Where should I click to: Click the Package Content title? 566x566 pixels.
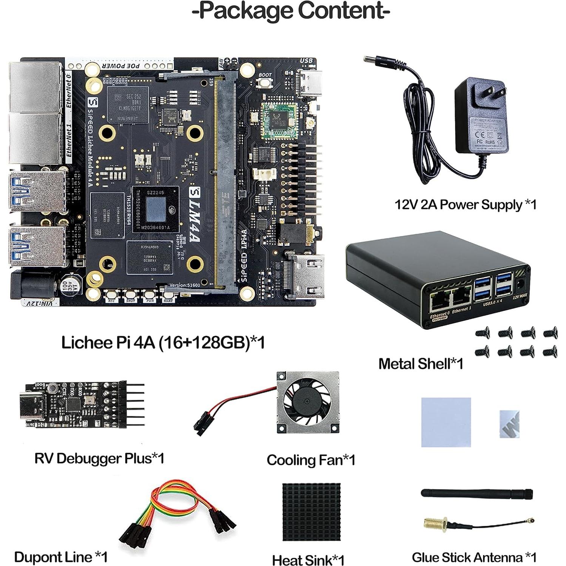[x=290, y=11]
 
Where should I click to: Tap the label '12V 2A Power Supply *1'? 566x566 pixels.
[x=465, y=205]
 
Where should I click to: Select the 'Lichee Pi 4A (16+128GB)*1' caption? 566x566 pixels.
[x=163, y=342]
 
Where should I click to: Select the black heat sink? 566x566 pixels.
[x=311, y=512]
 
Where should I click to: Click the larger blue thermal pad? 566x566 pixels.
[x=446, y=422]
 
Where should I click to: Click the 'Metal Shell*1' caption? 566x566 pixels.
[x=420, y=364]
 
